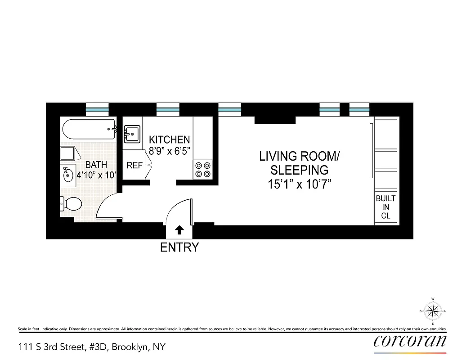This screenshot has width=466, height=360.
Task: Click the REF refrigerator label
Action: point(134,166)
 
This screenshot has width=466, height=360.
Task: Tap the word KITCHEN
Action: point(169,139)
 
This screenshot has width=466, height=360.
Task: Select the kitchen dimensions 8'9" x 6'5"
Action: point(169,151)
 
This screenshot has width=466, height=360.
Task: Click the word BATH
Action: point(96,165)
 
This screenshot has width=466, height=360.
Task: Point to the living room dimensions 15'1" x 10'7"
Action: point(299,184)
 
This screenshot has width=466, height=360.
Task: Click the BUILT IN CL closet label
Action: point(385,207)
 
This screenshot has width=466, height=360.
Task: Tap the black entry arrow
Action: point(179,230)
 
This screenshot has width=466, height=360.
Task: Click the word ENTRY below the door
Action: point(179,247)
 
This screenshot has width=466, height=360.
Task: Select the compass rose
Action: point(433,311)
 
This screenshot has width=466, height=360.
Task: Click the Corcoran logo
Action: point(410,341)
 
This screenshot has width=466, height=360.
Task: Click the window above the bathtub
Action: point(97,108)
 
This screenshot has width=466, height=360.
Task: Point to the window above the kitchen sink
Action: point(168,108)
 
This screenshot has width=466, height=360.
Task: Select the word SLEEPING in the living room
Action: point(299,170)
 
